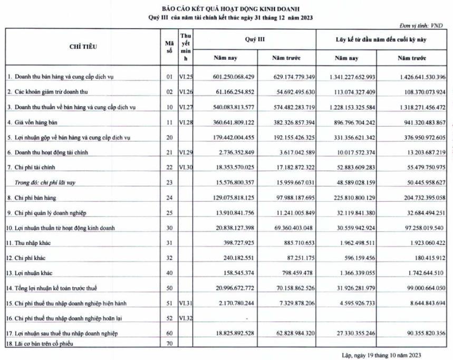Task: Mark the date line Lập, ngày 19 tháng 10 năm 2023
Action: [x=381, y=355]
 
